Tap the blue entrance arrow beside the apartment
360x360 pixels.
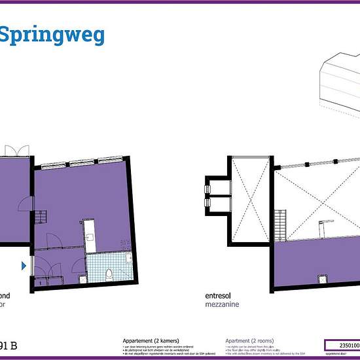(24, 265)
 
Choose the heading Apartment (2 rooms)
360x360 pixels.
(249, 341)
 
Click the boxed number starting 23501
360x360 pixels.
(342, 344)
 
